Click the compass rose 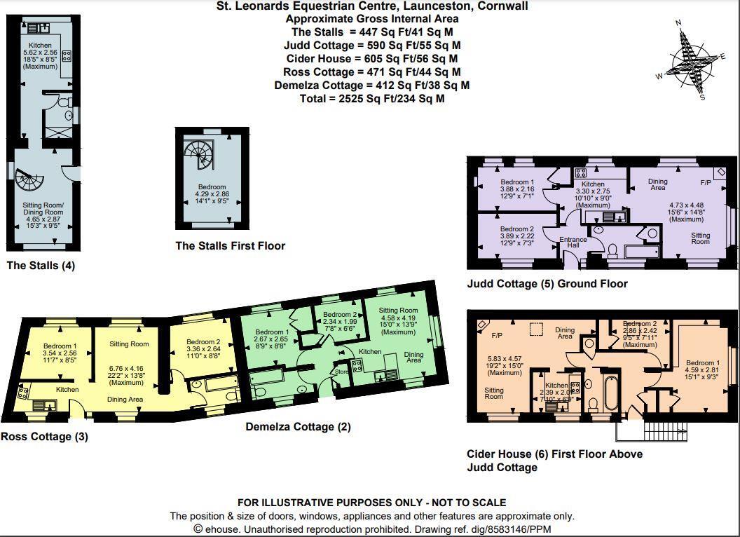click(690, 62)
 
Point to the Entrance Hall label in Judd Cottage click(573, 243)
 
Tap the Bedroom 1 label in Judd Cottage click(517, 182)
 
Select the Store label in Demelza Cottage click(341, 372)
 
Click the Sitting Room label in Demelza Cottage click(398, 311)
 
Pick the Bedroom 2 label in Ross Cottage click(203, 342)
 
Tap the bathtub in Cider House click(608, 395)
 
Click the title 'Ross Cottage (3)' click(45, 437)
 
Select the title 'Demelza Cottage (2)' click(298, 427)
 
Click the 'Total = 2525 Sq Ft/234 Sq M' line click(372, 99)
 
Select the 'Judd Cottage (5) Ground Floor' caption click(547, 284)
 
